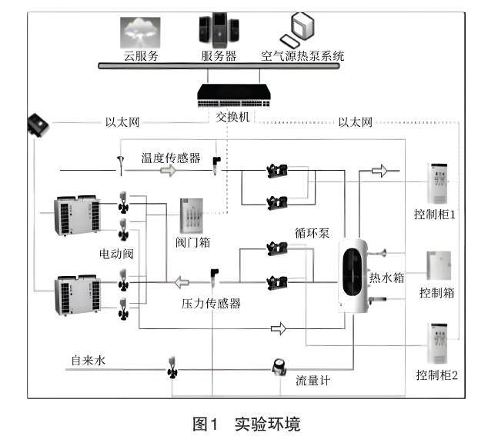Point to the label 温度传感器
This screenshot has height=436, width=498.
pos(170,158)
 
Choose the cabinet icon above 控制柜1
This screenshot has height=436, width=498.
pos(438,185)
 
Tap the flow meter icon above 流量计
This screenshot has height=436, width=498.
pos(279,368)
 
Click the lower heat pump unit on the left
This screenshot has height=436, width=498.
pos(75,296)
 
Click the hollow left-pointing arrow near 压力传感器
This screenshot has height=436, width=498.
pos(183,280)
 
